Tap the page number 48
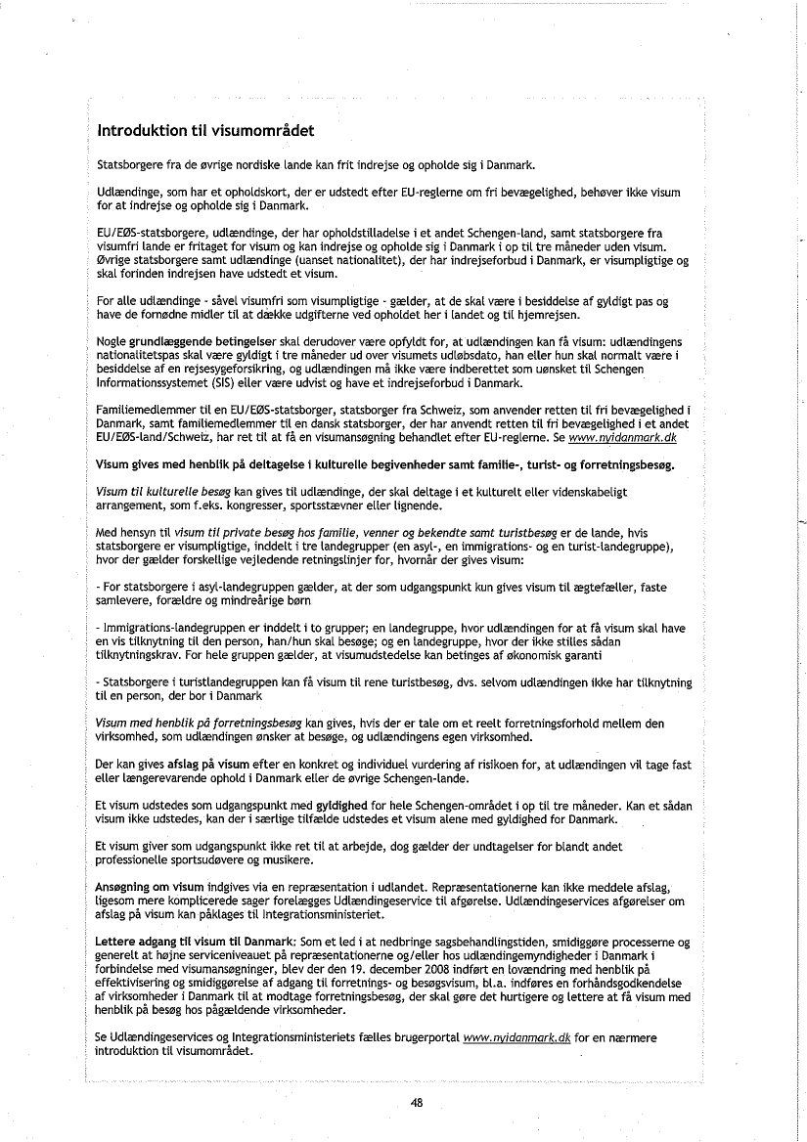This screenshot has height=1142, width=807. (417, 1102)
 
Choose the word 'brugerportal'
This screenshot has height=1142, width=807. (426, 1038)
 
